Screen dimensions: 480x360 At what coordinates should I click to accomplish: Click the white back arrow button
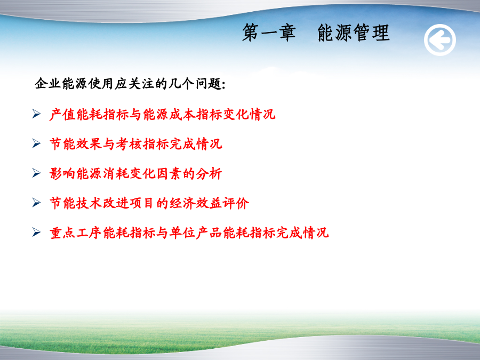coord(440,40)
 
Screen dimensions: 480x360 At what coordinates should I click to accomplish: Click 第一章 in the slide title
coord(269,33)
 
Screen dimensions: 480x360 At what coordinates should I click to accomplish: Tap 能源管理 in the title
coord(353,33)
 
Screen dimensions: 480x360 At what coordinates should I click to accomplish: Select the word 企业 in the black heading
coord(48,84)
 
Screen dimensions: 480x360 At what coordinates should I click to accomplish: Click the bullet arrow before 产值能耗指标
coord(36,114)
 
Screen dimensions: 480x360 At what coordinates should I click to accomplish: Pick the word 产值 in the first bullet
coord(62,115)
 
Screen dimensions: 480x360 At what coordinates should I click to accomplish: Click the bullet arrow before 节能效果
coord(36,143)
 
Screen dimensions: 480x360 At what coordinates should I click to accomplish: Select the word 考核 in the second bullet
coord(129,144)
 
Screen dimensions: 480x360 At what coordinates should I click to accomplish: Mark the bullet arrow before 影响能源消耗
coord(36,173)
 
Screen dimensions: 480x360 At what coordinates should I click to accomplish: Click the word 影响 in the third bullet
coord(62,173)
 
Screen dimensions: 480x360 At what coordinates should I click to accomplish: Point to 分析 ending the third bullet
coord(209,173)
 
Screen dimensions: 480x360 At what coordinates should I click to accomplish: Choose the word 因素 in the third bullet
coord(169,173)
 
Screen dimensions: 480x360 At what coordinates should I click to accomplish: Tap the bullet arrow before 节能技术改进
coord(36,202)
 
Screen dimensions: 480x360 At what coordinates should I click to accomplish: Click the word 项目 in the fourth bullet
coord(142,203)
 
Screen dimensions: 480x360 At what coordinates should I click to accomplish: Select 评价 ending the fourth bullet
coord(236,203)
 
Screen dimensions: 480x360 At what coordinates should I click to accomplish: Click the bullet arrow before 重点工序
coord(36,232)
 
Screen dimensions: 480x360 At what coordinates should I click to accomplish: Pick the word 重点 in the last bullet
coord(62,233)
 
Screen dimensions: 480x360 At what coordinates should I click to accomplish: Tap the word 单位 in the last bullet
coord(182,233)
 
